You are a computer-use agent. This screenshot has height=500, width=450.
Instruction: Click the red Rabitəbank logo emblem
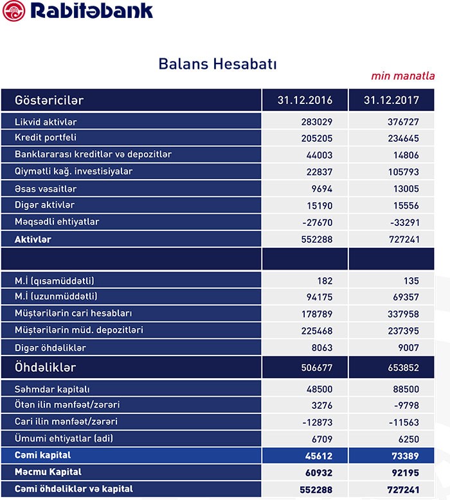(14, 11)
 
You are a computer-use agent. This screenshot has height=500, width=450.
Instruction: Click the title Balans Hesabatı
(217, 64)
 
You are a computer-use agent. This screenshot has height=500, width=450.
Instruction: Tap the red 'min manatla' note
(403, 76)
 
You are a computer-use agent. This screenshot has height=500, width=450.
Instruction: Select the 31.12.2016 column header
(304, 101)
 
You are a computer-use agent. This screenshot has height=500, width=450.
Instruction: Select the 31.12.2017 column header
(392, 101)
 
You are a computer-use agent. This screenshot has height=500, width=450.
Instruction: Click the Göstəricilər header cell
(50, 101)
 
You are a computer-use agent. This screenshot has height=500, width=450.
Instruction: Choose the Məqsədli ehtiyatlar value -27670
(316, 222)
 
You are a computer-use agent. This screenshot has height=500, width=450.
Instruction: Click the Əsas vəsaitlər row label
(46, 189)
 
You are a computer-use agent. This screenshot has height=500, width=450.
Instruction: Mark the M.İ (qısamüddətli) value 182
(324, 281)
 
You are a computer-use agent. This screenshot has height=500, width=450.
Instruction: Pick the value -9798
(405, 406)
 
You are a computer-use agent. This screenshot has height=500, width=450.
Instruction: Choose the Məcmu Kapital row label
(49, 472)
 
